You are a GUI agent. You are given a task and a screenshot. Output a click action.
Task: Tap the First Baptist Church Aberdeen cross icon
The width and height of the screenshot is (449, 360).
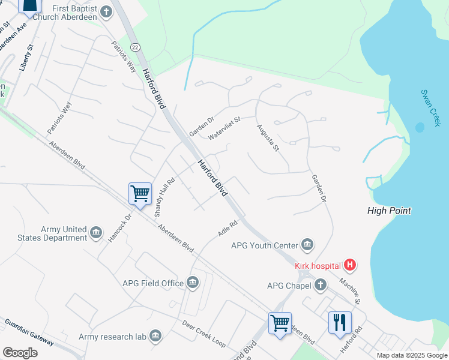(x=106, y=11)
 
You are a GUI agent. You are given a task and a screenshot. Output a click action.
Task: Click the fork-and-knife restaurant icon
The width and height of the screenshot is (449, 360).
(x=340, y=322)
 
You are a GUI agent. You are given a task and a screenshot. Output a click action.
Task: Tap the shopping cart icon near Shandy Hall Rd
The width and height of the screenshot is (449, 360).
(x=140, y=194)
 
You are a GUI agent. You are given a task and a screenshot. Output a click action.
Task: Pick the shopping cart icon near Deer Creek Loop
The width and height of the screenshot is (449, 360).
(x=280, y=323)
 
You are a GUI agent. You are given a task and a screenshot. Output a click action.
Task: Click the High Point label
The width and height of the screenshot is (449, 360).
(x=389, y=211)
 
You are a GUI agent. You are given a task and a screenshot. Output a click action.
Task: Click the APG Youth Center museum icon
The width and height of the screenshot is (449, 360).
(x=307, y=245)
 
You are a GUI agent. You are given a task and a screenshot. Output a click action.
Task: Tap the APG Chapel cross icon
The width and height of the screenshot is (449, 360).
(x=321, y=285)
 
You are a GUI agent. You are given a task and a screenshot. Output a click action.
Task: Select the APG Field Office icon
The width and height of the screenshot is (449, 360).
(x=193, y=283)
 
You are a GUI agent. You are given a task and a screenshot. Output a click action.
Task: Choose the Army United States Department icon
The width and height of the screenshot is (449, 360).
(x=96, y=233)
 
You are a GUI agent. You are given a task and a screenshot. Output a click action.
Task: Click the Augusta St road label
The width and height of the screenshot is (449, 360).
(x=268, y=138)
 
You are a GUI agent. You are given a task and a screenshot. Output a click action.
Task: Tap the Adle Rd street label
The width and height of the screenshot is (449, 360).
(x=228, y=227)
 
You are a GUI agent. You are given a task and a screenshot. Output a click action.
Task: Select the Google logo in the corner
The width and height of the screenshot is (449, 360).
(x=20, y=352)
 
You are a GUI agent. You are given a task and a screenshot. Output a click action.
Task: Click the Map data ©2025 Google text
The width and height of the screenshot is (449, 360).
(x=412, y=355)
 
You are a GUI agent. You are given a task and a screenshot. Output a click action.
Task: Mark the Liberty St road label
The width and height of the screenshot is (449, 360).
(x=25, y=58)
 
